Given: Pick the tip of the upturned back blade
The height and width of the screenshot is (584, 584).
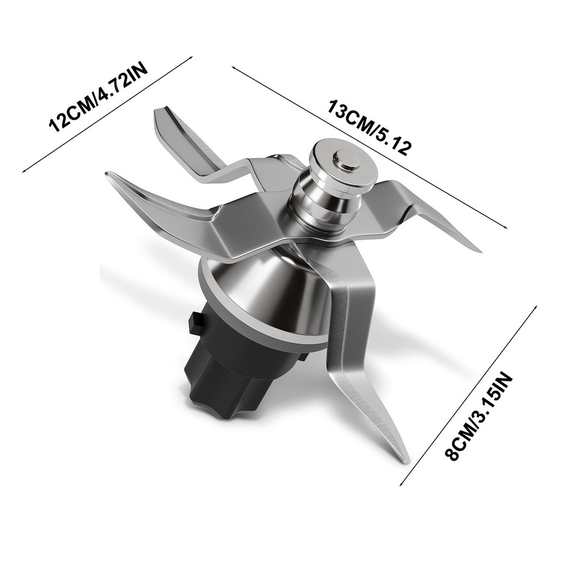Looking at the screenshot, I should pos(159,111).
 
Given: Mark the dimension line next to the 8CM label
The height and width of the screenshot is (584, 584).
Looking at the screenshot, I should pos(468,395).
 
